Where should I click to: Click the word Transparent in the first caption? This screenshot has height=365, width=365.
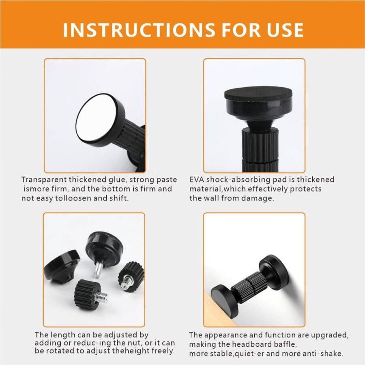[x=44, y=180]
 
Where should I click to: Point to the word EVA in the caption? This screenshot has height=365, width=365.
[x=197, y=180]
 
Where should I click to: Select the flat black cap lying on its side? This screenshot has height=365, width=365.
[x=62, y=266]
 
